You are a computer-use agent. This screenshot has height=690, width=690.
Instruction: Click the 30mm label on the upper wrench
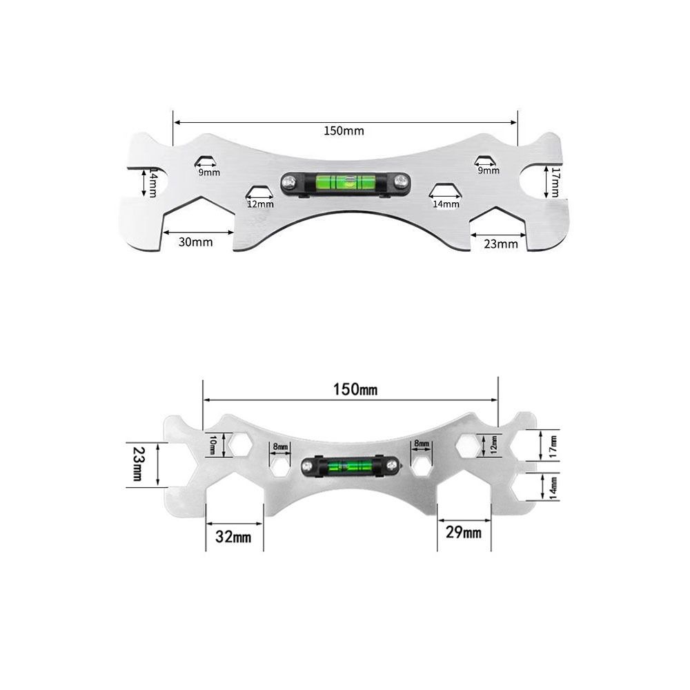tap(195, 241)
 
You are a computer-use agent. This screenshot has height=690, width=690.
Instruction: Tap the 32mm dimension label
tap(233, 536)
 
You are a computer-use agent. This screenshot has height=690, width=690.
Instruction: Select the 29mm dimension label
tap(464, 532)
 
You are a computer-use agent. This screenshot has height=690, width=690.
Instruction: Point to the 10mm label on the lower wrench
tap(213, 445)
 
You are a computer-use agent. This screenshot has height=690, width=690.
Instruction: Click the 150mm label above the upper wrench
tap(344, 130)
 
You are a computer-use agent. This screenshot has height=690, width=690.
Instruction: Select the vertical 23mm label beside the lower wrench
tap(137, 464)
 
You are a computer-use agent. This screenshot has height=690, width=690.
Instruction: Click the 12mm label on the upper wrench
tap(261, 204)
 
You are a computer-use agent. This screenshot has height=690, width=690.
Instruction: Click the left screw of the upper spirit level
tap(289, 182)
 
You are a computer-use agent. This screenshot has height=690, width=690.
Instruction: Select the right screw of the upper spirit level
tap(400, 182)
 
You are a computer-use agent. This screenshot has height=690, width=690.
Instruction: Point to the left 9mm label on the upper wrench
tap(210, 172)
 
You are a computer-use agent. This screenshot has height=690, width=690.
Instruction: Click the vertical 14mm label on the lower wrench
tap(553, 487)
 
